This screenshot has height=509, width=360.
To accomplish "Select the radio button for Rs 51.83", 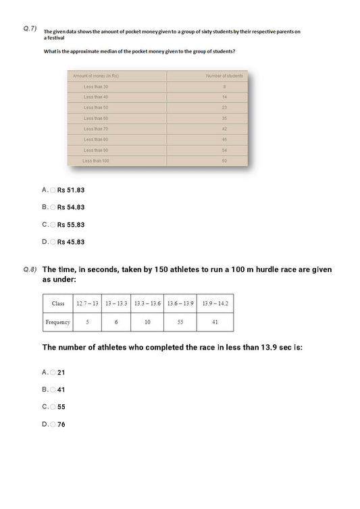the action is coord(53,190).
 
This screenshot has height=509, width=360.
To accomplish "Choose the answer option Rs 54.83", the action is coord(71,207).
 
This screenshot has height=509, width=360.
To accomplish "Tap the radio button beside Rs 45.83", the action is coord(53,242).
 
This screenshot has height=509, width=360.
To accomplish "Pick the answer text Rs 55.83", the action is coord(71,225).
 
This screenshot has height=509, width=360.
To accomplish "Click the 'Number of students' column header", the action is coord(224,76).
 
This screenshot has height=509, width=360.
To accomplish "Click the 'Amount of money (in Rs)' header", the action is coord(96,76).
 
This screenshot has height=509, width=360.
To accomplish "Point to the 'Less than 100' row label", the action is coord(96,161).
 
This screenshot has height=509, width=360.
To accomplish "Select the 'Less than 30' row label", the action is coord(96,86).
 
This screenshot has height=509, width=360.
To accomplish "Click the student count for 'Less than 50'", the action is coord(224,107).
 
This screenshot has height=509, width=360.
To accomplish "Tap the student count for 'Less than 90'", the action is coord(224,150).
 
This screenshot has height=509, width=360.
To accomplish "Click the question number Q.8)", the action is coord(29,269).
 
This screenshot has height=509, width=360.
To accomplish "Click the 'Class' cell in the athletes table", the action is coord(58,303).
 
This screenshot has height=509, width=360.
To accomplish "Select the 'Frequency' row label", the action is coord(58,323).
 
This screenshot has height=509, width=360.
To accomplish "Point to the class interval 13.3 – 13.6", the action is coord(147,303).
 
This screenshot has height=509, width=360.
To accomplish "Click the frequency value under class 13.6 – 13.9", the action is coord(180,323).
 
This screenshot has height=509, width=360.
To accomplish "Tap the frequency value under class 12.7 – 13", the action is coord(87,323).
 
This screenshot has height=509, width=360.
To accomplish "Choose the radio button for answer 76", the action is coord(53,425).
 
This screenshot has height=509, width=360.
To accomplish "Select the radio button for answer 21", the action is coord(53,373).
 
